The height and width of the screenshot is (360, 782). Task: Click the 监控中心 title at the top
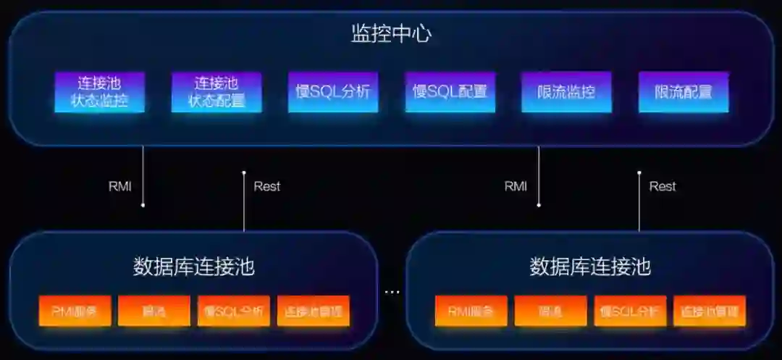tap(391, 33)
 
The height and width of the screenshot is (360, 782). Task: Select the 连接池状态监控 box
tap(99, 92)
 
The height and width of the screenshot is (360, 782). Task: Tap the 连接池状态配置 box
tap(216, 92)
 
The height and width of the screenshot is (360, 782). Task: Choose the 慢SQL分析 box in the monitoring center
tap(333, 92)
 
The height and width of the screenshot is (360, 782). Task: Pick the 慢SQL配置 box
tap(450, 92)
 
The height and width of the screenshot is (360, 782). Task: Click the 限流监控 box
tap(566, 92)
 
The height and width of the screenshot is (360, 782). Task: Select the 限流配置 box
tap(683, 92)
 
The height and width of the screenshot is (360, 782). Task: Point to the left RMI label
tap(120, 186)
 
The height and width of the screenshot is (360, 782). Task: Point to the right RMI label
tap(516, 186)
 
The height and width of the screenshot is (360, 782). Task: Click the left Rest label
tap(266, 186)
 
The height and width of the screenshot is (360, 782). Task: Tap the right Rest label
tap(662, 186)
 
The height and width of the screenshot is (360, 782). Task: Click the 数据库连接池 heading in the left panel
tap(194, 267)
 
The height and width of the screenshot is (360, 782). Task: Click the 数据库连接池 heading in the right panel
tap(590, 267)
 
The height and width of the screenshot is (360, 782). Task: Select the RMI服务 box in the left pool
tap(75, 311)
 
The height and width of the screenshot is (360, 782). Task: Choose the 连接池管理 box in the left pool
tap(313, 311)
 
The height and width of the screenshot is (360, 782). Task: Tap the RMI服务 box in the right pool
tap(471, 311)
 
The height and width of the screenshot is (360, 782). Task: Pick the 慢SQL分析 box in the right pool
tap(630, 311)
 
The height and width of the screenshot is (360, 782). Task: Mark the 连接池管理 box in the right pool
tap(710, 311)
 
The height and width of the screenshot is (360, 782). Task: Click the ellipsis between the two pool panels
tap(392, 292)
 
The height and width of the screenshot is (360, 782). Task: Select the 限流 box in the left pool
tap(154, 311)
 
